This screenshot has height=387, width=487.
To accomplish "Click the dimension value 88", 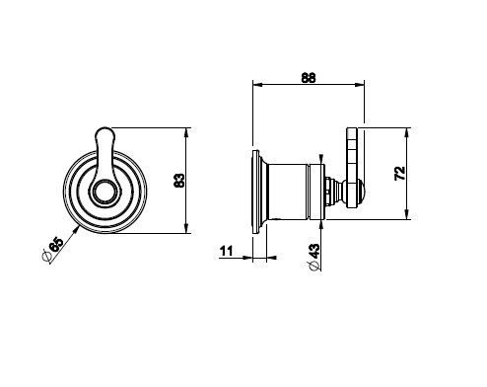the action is (309, 78).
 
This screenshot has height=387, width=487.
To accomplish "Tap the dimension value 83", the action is (179, 181).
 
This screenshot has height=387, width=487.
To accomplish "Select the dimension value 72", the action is (400, 174).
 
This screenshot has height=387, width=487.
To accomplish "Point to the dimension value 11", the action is (226, 251).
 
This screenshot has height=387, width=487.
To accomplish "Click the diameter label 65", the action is (55, 244).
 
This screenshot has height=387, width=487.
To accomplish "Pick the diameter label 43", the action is (314, 251).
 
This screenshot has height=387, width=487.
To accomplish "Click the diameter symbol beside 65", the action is (46, 256).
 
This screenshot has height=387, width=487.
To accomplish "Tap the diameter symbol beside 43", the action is (314, 266).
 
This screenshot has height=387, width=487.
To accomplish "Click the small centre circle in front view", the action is (104, 192).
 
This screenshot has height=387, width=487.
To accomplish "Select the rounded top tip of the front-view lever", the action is (105, 128).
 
